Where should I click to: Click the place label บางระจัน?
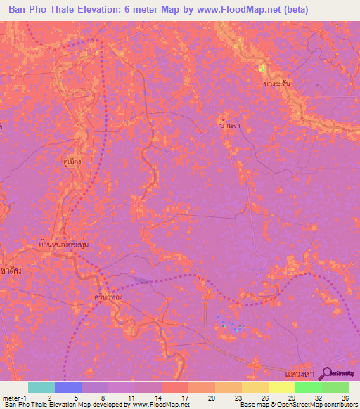[x=276, y=84]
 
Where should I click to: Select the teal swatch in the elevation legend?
[x=41, y=387]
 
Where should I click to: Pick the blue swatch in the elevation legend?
[x=67, y=387]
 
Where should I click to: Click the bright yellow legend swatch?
[x=281, y=387]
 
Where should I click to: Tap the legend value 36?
[x=344, y=397]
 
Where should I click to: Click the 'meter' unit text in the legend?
[x=11, y=397]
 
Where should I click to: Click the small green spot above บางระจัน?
[x=263, y=69]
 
